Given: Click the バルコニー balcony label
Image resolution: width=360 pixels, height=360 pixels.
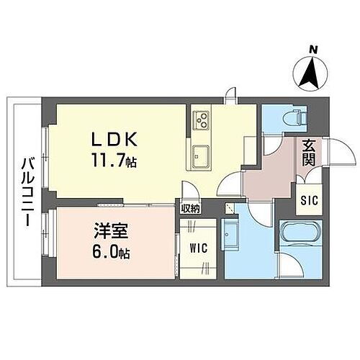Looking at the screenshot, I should (x=25, y=190).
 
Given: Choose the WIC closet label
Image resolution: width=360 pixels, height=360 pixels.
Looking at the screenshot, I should (x=198, y=248).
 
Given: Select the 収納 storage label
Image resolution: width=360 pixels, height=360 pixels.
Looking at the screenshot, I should (x=190, y=209).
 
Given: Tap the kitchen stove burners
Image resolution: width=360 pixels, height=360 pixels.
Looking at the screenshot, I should (x=200, y=119).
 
